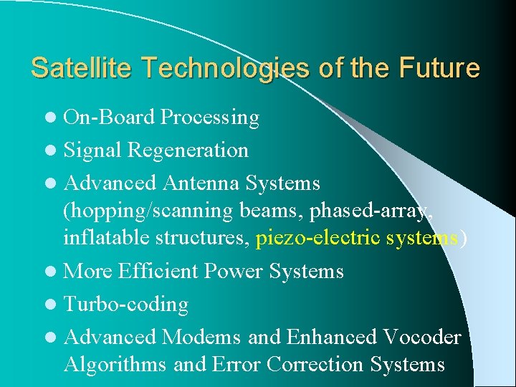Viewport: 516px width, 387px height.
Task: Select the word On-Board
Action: click(x=110, y=117)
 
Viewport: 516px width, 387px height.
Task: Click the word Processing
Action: click(x=210, y=118)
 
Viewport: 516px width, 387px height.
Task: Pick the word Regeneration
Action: click(x=188, y=150)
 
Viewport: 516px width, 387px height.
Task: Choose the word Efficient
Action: click(x=158, y=272)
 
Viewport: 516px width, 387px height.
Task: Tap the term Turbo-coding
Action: click(x=126, y=305)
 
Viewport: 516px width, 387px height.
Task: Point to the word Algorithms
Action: click(x=116, y=364)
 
